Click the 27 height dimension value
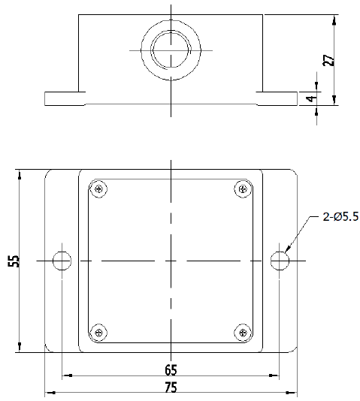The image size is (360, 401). pos(328,59)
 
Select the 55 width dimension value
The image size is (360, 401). pos(13,261)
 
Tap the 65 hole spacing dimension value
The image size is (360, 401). pos(171,369)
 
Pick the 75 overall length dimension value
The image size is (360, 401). pos(171,387)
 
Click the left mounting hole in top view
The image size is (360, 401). pos(63,261)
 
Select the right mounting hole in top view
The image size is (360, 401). pos(280,261)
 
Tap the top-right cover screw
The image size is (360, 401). pos(242,189)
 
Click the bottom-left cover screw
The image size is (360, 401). pos(98,332)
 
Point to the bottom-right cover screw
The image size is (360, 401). pos(242,332)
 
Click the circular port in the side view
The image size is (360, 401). pos(171,50)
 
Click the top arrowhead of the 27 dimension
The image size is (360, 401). pos(333,17)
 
